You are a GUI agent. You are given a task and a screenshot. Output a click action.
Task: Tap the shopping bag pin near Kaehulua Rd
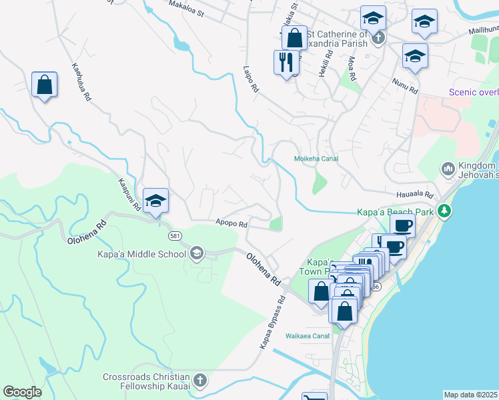[x=44, y=85]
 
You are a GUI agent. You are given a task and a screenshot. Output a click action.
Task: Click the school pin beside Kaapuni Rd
[x=155, y=201]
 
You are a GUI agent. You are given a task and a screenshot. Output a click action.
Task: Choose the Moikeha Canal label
[x=316, y=159]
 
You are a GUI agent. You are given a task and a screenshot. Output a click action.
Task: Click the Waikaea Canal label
[x=308, y=336]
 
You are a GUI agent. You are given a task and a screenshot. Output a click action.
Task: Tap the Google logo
[x=23, y=392]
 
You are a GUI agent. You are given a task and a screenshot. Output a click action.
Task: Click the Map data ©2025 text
[x=471, y=395]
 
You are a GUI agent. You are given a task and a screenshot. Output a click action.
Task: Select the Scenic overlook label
[x=474, y=93]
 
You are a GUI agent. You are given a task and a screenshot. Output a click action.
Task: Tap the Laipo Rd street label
[x=251, y=80]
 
